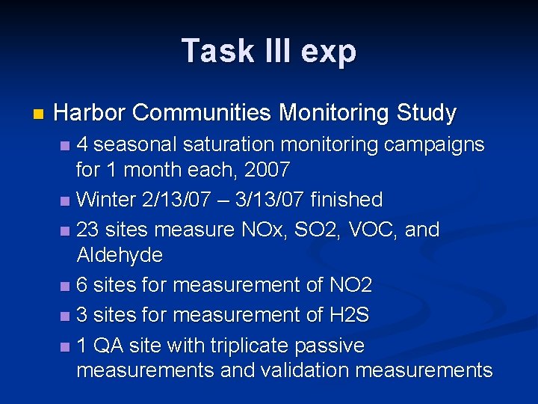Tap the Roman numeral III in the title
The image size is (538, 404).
coord(271,51)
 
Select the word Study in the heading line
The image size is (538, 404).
coord(427,114)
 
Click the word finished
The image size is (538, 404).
coord(346,200)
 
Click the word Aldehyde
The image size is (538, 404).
coord(120,255)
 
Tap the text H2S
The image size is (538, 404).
coord(349,315)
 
